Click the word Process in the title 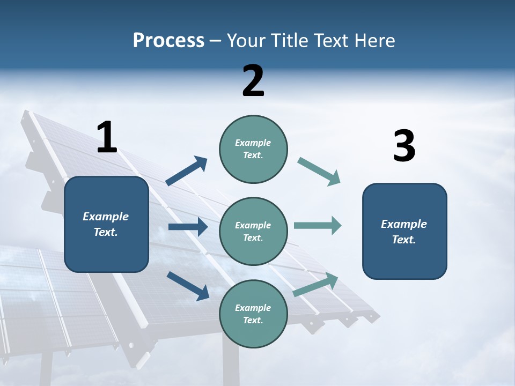pos(168,41)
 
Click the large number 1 pos(107,138)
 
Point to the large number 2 pos(253,81)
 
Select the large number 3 pos(404,146)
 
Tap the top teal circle pos(253,149)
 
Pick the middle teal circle pos(253,232)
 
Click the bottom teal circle pos(253,314)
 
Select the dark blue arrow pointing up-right pos(187,171)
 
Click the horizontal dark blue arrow pos(188,227)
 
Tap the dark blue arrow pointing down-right pos(188,286)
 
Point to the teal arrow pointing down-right pos(319,172)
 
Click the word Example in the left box pos(106,217)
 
